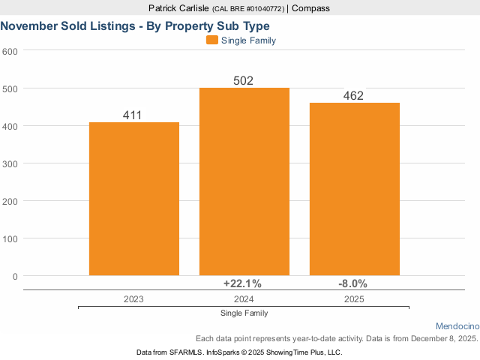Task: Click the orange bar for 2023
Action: coord(134,199)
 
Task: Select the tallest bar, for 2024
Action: coord(244,181)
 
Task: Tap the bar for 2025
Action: coord(355,189)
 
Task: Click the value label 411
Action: coord(132,115)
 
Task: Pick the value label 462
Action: coord(353,96)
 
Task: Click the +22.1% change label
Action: coord(242,283)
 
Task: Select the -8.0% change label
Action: coord(353,283)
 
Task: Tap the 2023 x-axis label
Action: coord(133,298)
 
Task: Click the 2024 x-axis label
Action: coord(244,298)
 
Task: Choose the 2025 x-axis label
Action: coord(354,298)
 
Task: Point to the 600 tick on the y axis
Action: coord(10,51)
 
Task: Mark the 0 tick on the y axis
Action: coord(14,276)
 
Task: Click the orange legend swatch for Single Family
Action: coord(211,40)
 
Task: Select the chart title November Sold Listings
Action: coord(135,25)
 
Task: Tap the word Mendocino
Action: coord(456,326)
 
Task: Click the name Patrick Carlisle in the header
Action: coord(178,8)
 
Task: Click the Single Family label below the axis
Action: coord(244,313)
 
